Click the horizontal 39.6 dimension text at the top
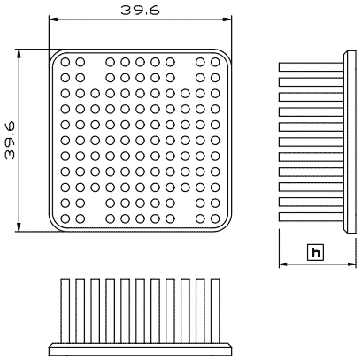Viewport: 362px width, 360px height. click(x=141, y=10)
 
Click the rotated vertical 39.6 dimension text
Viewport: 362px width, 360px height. click(x=10, y=141)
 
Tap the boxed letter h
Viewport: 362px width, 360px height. click(x=315, y=252)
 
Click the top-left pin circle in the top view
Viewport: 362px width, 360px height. click(x=65, y=62)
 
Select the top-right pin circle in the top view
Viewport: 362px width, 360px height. click(x=215, y=62)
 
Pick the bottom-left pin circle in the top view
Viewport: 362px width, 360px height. click(x=65, y=218)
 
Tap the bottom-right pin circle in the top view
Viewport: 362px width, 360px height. click(x=215, y=218)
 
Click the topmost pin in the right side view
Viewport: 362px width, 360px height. click(x=312, y=67)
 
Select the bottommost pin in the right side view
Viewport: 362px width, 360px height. click(x=312, y=217)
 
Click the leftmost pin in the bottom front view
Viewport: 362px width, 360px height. click(x=65, y=310)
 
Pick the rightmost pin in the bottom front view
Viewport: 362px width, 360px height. click(x=215, y=310)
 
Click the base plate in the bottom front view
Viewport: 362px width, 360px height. click(x=141, y=350)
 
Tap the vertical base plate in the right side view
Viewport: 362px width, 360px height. click(x=350, y=142)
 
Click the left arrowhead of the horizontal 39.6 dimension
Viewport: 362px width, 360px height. click(x=53, y=19)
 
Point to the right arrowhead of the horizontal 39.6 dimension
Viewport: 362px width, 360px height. click(x=227, y=19)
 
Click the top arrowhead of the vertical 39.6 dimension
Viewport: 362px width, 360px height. click(x=19, y=54)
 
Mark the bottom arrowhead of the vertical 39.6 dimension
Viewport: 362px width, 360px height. click(x=19, y=227)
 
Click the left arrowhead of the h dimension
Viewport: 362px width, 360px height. click(x=283, y=264)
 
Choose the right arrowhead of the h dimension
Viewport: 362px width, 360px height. click(x=352, y=264)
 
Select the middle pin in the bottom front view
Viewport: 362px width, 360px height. click(x=141, y=310)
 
